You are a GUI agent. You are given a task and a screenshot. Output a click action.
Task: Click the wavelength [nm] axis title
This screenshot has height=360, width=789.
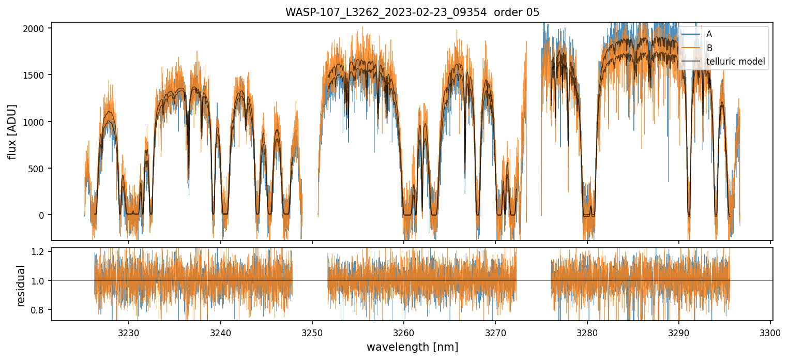[x=412, y=347]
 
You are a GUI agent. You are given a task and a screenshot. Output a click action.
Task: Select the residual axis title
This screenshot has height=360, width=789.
[x=21, y=286]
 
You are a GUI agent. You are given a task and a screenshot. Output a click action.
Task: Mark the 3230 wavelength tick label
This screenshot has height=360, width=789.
[x=129, y=333]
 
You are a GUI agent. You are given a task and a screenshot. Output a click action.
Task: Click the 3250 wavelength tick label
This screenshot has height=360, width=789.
[x=312, y=333]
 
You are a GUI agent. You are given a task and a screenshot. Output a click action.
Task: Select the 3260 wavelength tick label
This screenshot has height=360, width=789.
[x=404, y=333]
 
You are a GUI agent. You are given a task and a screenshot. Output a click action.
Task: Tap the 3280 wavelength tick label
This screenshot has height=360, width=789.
[x=587, y=333]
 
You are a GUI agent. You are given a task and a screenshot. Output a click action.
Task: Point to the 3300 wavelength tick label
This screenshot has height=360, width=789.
[x=770, y=333]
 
